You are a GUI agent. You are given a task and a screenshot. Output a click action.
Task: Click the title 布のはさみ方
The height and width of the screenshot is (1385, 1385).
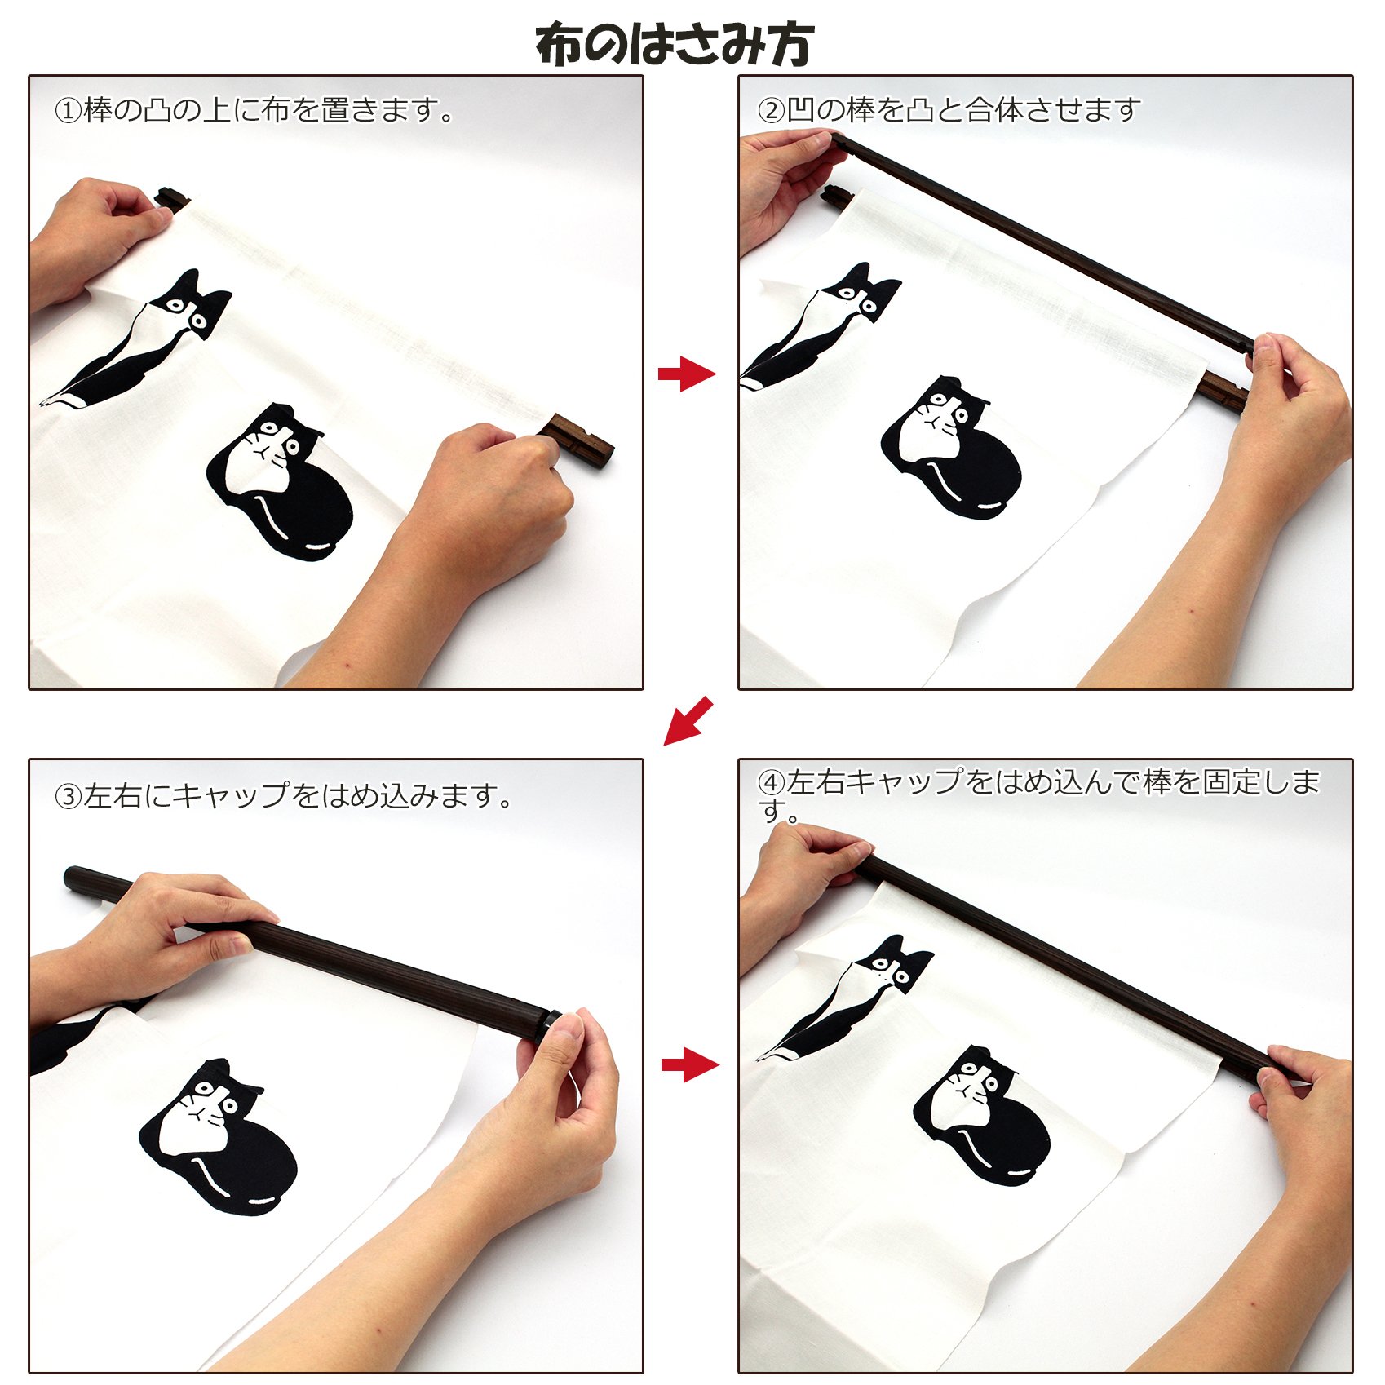click(675, 44)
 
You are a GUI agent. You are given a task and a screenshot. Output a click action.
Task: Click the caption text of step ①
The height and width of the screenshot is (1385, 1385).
click(254, 109)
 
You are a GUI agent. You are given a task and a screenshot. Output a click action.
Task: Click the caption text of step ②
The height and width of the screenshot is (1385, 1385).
click(947, 109)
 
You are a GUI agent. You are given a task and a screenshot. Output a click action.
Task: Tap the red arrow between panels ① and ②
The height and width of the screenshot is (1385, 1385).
click(687, 374)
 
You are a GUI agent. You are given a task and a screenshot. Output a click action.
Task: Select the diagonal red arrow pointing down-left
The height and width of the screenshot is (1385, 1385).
click(688, 721)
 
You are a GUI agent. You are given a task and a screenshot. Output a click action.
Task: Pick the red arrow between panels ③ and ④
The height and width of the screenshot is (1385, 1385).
click(690, 1064)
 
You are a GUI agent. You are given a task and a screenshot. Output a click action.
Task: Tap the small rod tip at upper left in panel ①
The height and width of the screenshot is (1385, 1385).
click(172, 199)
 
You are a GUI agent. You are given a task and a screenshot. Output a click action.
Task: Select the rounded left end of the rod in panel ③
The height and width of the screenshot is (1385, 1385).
click(75, 878)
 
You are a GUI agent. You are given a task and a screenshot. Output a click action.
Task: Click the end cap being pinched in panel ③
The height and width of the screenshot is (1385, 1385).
click(545, 1024)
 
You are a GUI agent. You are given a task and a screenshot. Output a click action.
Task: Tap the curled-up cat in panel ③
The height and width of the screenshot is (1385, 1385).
click(218, 1138)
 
